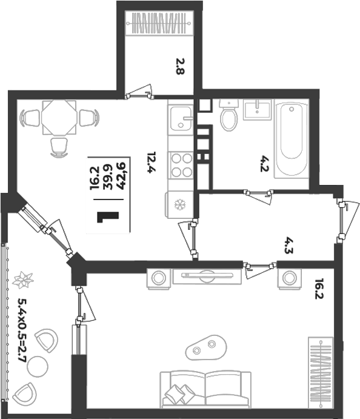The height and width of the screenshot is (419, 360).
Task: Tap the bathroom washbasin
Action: [x=257, y=109]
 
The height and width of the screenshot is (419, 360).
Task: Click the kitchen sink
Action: [x=181, y=118]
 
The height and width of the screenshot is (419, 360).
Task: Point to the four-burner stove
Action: [x=182, y=166]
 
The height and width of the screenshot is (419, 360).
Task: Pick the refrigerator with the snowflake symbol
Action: [x=179, y=205]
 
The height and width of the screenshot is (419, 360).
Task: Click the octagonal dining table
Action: [x=59, y=117]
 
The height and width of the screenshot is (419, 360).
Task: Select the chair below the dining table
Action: [x=59, y=147]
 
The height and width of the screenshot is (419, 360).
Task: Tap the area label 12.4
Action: [x=152, y=163]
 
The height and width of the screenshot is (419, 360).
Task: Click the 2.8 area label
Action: [x=180, y=66]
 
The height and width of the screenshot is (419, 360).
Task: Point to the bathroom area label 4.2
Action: [x=264, y=164]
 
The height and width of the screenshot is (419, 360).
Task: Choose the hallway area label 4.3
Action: [x=288, y=245]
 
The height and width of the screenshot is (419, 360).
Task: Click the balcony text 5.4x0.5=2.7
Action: [x=22, y=330]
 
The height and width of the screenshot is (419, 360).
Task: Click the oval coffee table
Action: [x=206, y=347]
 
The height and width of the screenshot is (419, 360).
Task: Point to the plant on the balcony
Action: [x=23, y=280]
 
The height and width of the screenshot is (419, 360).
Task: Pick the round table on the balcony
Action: [x=38, y=367]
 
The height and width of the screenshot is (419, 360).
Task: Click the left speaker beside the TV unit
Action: [x=159, y=278]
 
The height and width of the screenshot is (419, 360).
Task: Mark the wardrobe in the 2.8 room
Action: [x=159, y=23]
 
